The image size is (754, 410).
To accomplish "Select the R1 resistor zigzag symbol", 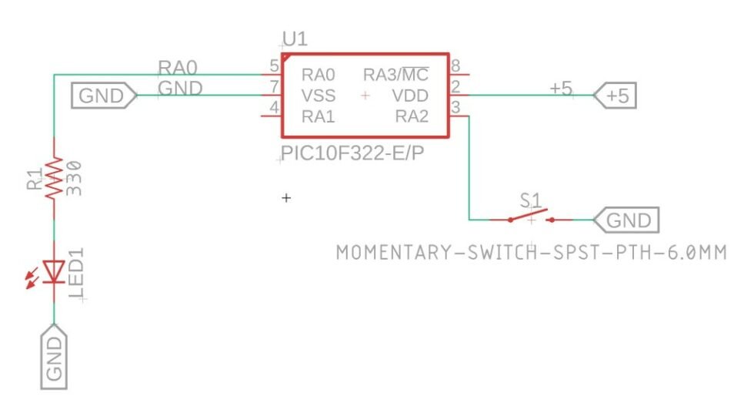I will (x=54, y=179).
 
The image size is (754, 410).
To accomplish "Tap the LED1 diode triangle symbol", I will (x=54, y=271).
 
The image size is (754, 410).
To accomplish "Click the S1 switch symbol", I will (x=530, y=218).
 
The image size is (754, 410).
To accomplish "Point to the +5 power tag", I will (x=616, y=96).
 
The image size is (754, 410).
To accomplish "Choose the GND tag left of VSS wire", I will (x=104, y=96).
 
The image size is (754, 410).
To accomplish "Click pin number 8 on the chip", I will (x=456, y=66).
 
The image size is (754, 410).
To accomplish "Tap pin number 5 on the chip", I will (x=274, y=66).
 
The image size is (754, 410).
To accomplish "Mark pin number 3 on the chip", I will (x=456, y=108).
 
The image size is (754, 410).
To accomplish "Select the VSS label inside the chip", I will (x=319, y=96).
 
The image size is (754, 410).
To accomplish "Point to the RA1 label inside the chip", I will (x=319, y=117).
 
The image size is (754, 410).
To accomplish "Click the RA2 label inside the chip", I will (x=411, y=117).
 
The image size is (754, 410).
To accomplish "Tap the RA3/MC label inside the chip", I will (x=395, y=76).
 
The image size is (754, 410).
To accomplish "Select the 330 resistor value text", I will (x=75, y=179).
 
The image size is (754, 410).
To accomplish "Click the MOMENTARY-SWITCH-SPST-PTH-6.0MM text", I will (x=531, y=252).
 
